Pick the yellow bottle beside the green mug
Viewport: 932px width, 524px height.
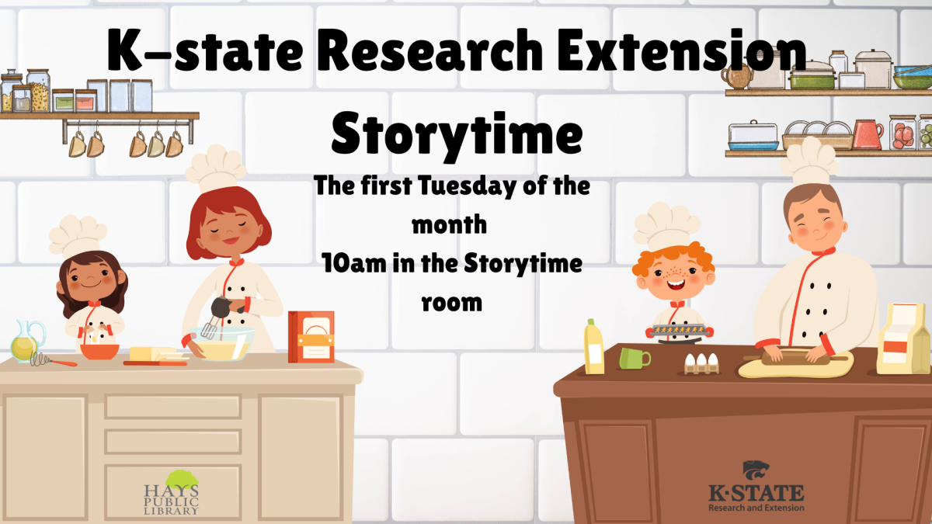click(x=594, y=347)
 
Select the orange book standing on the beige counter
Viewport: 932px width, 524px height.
click(x=311, y=337)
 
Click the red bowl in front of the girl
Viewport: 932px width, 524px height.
click(x=99, y=350)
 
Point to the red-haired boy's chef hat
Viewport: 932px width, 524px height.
click(x=666, y=224)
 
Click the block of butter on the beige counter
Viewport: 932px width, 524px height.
click(x=151, y=355)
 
